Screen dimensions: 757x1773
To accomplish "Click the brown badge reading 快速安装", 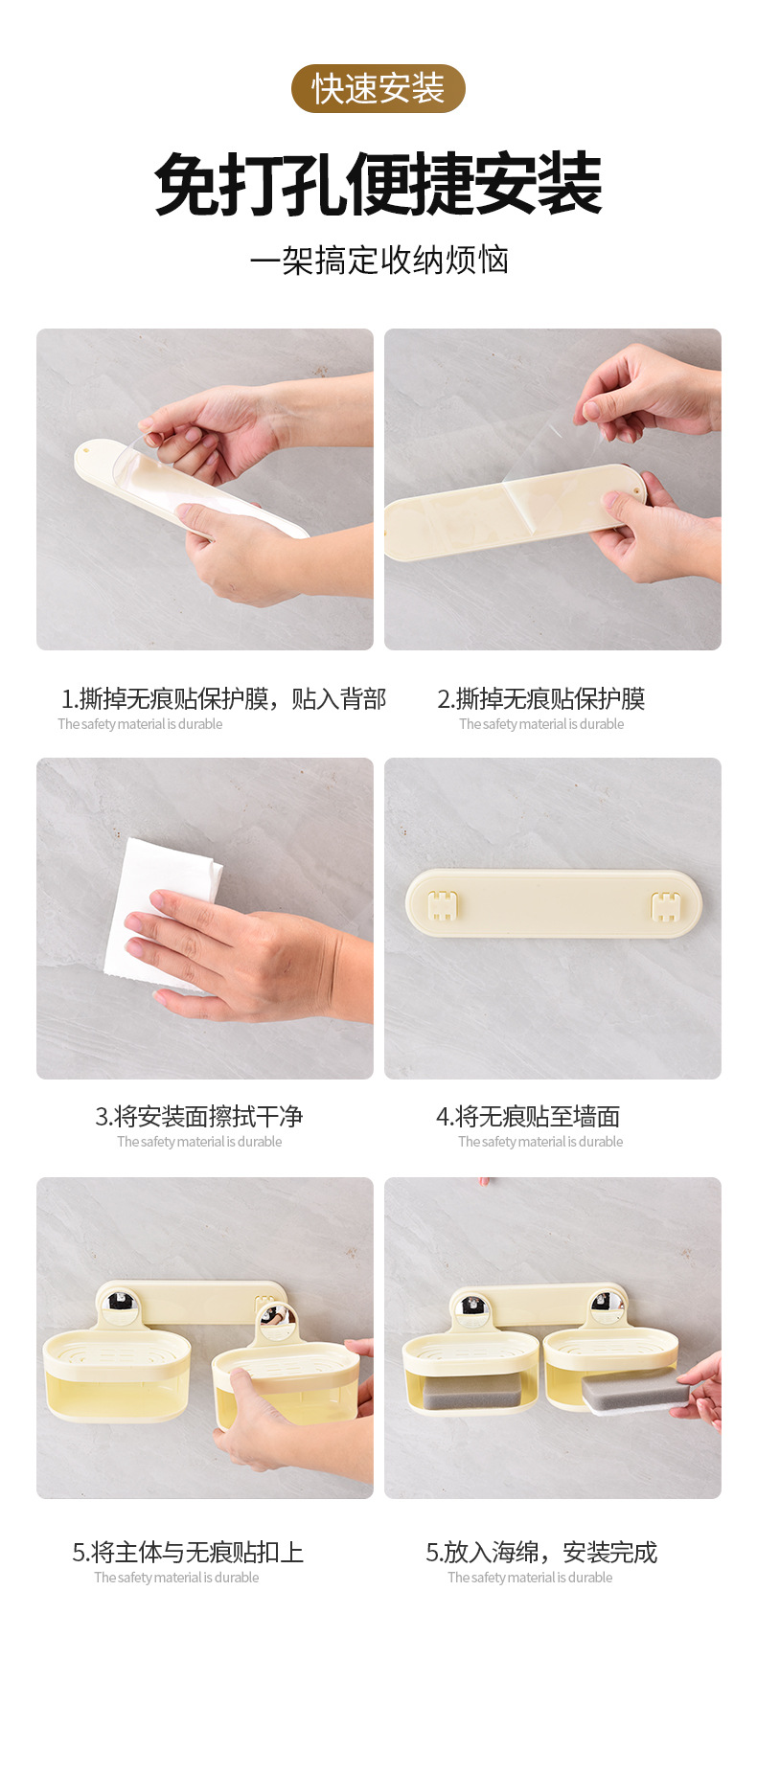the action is [x=378, y=89].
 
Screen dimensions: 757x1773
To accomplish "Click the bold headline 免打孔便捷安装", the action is [x=378, y=185].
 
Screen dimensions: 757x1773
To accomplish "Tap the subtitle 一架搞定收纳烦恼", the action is [x=378, y=260].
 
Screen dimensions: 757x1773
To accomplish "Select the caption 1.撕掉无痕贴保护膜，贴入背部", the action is [x=224, y=698].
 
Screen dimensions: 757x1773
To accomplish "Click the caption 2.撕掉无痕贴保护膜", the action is [x=541, y=698].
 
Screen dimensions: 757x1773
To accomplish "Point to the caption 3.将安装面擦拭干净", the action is [x=199, y=1116].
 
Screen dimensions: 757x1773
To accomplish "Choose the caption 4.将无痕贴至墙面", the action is [x=528, y=1116].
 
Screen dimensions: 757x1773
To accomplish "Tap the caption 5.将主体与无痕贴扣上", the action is [x=188, y=1552].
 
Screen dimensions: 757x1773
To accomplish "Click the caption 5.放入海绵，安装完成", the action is [x=541, y=1552].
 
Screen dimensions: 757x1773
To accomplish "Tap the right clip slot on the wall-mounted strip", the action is [x=665, y=905].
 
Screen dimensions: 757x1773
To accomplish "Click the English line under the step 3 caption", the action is [x=199, y=1142].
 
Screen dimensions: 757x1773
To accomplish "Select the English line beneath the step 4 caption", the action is [x=540, y=1142].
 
